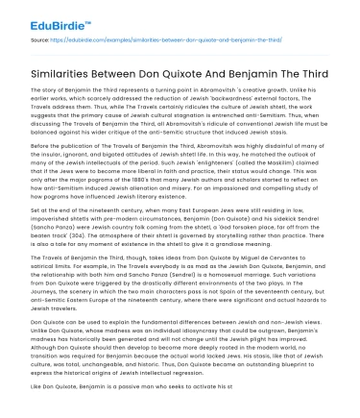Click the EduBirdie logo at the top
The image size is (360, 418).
coord(37,14)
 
